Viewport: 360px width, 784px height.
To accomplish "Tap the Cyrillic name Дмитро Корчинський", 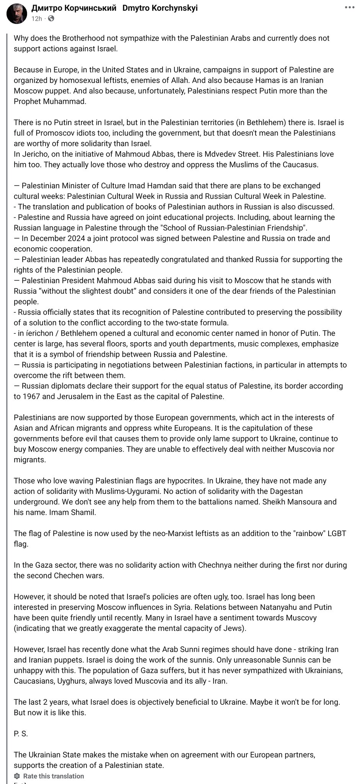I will [x=73, y=8].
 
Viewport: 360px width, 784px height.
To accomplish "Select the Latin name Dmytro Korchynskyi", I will [x=160, y=8].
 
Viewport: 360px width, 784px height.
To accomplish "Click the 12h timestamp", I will [x=36, y=18].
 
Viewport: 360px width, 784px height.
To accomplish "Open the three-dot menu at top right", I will [x=350, y=7].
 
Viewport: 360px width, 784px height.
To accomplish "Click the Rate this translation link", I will [x=54, y=776].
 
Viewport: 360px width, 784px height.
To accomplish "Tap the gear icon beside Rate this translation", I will [x=17, y=776].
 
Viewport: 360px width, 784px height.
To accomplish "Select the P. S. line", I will [x=21, y=734].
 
